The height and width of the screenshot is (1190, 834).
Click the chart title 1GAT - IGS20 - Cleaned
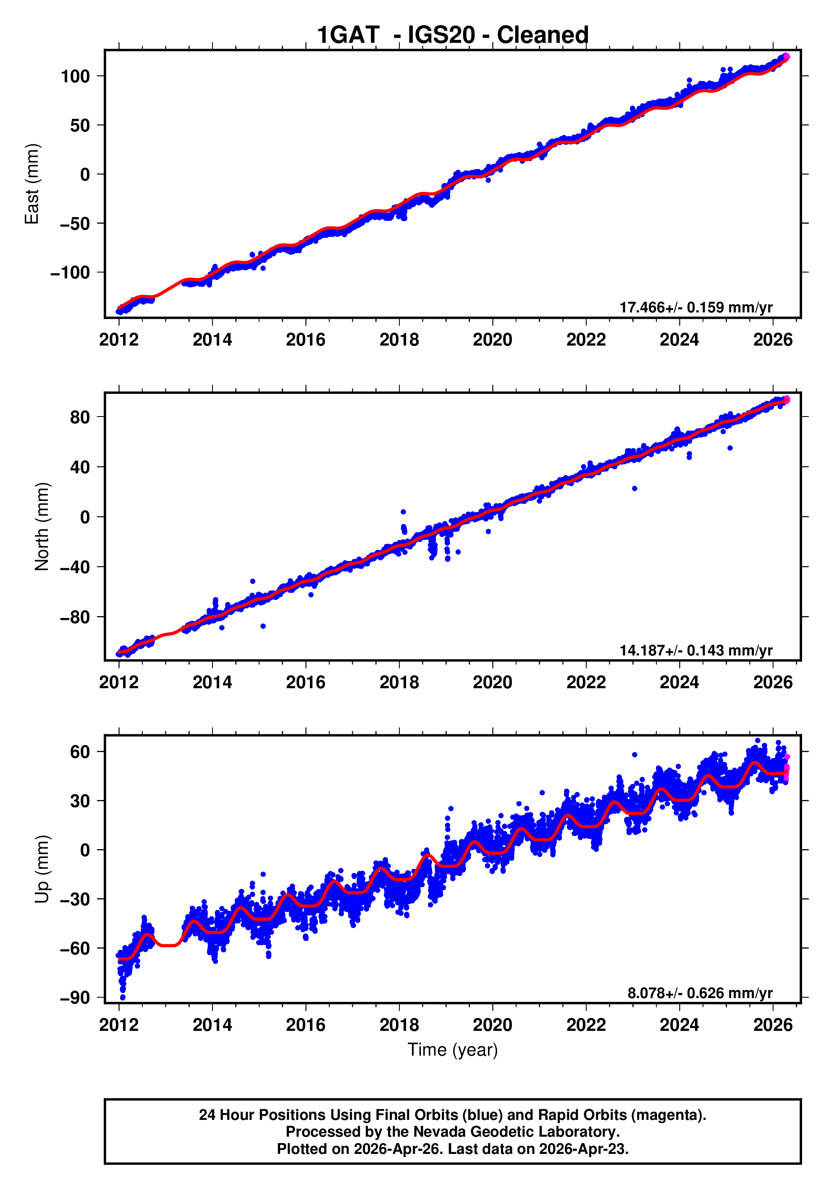[453, 35]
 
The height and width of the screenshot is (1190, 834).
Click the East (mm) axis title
[32, 184]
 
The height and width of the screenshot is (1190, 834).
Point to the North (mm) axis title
[42, 527]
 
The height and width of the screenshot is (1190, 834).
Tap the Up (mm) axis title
[42, 869]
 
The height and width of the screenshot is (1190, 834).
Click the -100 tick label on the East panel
[70, 273]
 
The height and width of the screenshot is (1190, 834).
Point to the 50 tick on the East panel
[80, 126]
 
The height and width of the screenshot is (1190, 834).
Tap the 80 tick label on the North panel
[80, 417]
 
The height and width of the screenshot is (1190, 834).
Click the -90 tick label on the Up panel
[75, 998]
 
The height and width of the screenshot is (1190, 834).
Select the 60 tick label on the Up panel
[80, 752]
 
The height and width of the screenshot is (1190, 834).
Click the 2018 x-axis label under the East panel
[399, 340]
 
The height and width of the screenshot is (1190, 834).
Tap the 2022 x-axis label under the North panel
[586, 683]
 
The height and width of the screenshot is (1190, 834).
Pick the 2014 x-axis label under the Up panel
[212, 1025]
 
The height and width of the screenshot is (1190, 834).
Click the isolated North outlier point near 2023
[635, 488]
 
